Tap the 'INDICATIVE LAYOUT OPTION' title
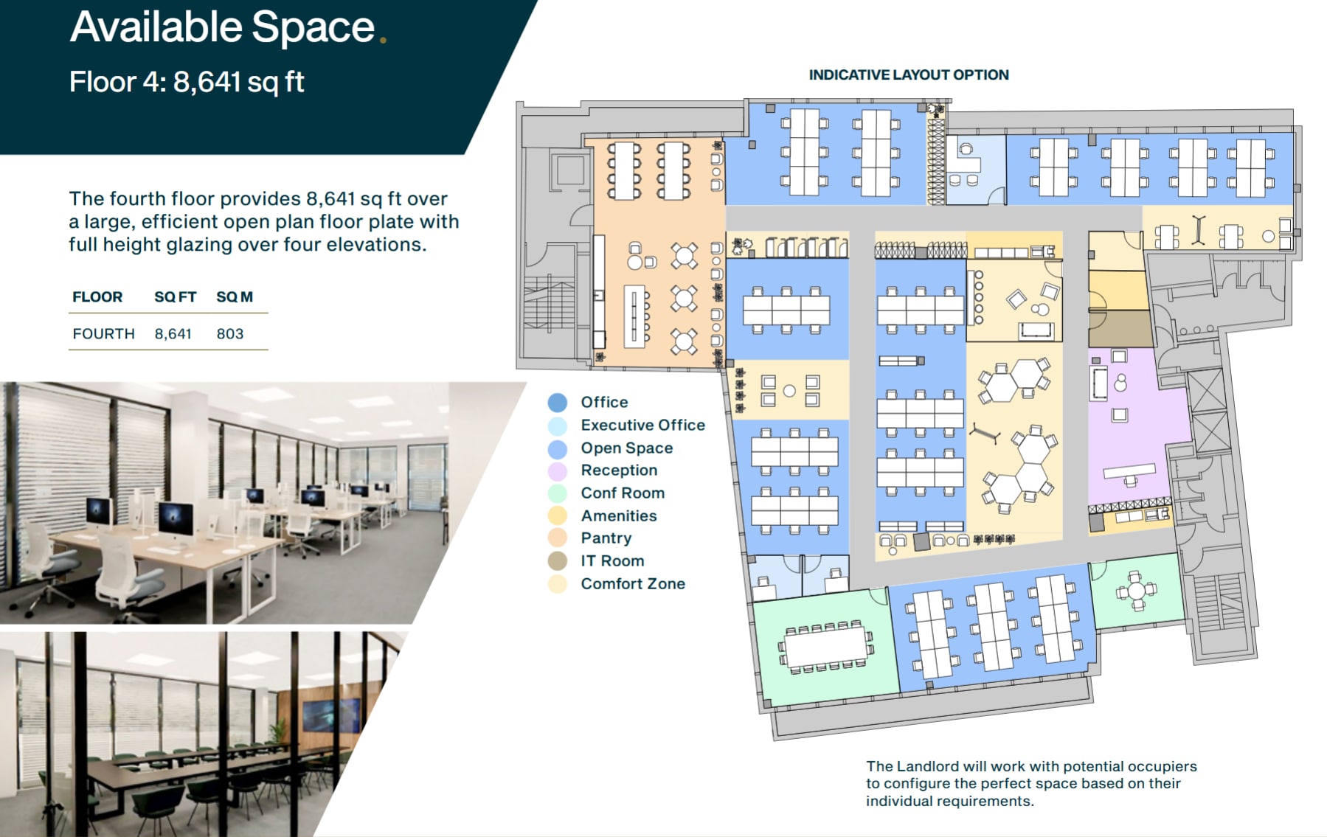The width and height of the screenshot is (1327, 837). pyautogui.click(x=908, y=74)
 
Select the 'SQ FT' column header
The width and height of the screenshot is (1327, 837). pyautogui.click(x=175, y=296)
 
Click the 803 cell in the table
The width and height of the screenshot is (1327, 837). pyautogui.click(x=229, y=333)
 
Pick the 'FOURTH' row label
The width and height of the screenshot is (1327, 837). pyautogui.click(x=103, y=333)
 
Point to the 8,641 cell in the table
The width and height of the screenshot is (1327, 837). pyautogui.click(x=173, y=333)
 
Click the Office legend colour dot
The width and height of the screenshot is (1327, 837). pyautogui.click(x=558, y=402)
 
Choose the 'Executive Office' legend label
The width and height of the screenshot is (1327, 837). pyautogui.click(x=642, y=425)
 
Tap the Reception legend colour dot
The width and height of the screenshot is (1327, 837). pyautogui.click(x=558, y=470)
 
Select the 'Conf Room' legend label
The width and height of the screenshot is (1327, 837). pyautogui.click(x=623, y=493)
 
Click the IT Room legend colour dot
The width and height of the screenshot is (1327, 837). pyautogui.click(x=558, y=561)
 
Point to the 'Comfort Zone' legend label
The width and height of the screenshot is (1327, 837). pyautogui.click(x=633, y=583)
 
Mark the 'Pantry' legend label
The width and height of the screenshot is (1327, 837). pyautogui.click(x=606, y=538)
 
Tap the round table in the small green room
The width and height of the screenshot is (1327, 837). pyautogui.click(x=1136, y=591)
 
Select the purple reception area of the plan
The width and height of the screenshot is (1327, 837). pyautogui.click(x=1136, y=428)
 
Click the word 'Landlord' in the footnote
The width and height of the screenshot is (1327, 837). pyautogui.click(x=929, y=766)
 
